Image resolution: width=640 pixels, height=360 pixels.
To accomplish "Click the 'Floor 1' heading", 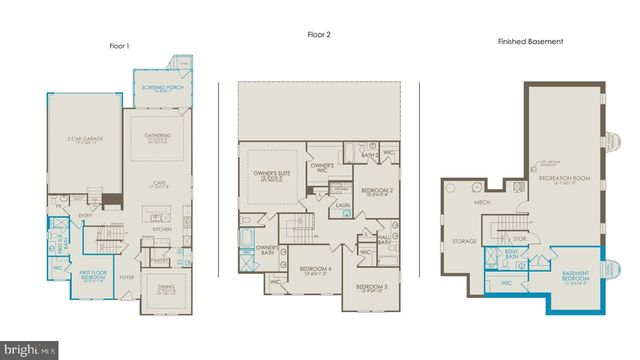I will pyautogui.click(x=121, y=45).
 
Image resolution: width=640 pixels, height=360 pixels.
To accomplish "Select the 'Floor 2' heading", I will pyautogui.click(x=319, y=36).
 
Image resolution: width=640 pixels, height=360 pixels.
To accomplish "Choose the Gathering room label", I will pyautogui.click(x=157, y=135).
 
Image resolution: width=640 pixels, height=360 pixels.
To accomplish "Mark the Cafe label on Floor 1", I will pyautogui.click(x=158, y=183).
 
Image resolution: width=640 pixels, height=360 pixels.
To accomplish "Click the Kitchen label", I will pyautogui.click(x=162, y=228).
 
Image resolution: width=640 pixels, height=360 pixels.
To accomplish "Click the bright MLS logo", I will pyautogui.click(x=29, y=349).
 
